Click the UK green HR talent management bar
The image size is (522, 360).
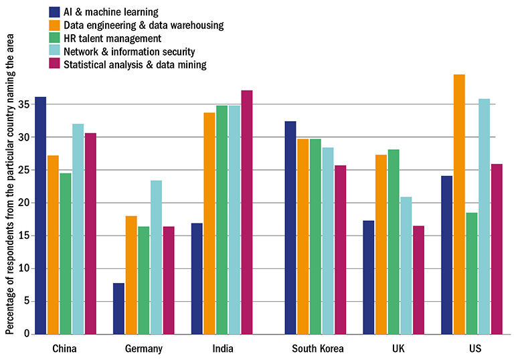pos(393,242)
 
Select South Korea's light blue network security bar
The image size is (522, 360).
pos(328,241)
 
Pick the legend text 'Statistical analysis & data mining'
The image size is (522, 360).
pos(134,64)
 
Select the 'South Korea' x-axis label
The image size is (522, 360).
pos(318,349)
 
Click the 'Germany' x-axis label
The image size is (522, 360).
pos(144,349)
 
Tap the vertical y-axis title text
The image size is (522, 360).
pos(9,194)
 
